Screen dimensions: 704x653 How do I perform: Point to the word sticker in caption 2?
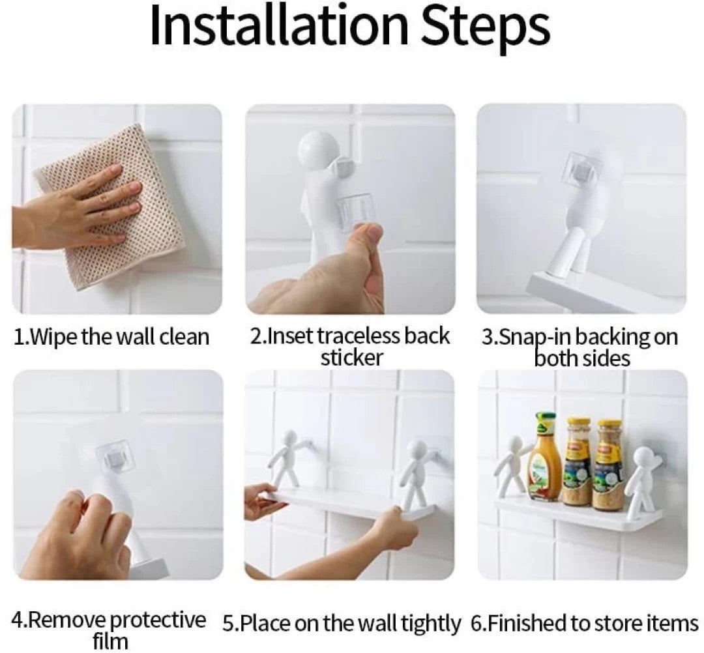(351, 358)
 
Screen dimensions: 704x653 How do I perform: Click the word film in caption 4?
(110, 641)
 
